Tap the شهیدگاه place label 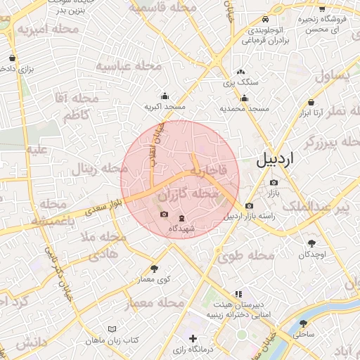click(181, 229)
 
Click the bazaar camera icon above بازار click(274, 183)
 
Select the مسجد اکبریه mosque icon click(165, 96)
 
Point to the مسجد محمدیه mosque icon click(244, 98)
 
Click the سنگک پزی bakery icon click(241, 72)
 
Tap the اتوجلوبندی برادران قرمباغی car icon click(264, 20)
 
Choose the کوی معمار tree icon click(155, 269)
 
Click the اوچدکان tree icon click(311, 243)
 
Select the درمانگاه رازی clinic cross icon click(193, 339)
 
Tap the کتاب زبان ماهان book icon click(112, 329)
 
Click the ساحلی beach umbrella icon click(303, 323)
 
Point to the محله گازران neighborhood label click(190, 193)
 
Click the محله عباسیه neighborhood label click(124, 66)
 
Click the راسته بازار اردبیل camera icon click(249, 206)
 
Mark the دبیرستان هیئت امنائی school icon click(238, 294)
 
